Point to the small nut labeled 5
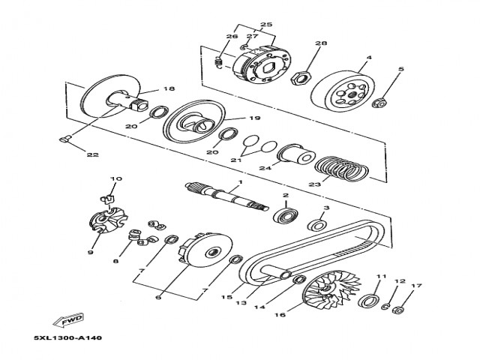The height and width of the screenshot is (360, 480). coord(379,101)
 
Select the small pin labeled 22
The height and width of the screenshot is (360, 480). coord(64,139)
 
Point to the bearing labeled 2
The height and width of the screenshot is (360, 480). coord(286,216)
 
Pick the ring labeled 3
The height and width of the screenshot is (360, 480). coord(318,225)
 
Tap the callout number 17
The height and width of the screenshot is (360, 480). coord(417,285)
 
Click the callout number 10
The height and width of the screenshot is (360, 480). coord(115,178)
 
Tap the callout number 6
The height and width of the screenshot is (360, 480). coord(158,296)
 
